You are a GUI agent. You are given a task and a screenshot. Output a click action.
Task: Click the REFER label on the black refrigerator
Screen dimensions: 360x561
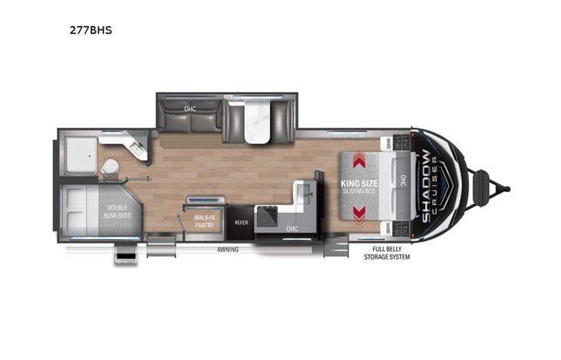pyautogui.click(x=241, y=222)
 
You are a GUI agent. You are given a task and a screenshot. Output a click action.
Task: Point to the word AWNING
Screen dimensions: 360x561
pyautogui.click(x=226, y=249)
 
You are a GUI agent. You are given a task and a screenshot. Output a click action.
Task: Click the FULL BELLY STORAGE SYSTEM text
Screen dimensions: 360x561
pyautogui.click(x=387, y=253)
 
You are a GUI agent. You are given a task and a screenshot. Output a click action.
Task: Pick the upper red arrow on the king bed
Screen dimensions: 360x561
pyautogui.click(x=358, y=161)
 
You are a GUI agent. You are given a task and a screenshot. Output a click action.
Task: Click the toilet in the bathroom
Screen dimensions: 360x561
pyautogui.click(x=110, y=167)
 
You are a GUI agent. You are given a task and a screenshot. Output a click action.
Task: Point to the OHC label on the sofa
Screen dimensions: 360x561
pyautogui.click(x=190, y=109)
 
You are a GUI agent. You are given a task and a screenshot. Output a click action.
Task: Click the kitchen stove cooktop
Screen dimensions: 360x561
pyautogui.click(x=269, y=218)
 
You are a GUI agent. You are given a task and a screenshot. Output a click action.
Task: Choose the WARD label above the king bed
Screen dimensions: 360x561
pyautogui.click(x=389, y=143)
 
